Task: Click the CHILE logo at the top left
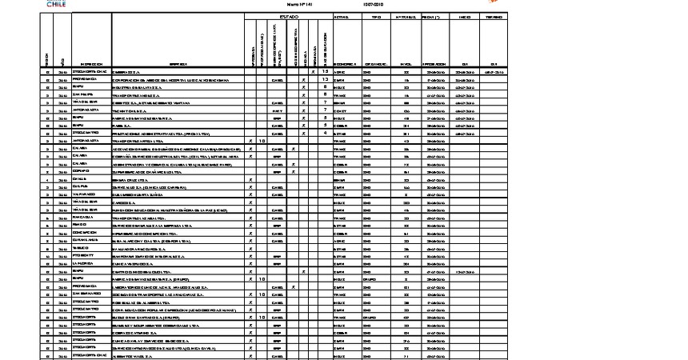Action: [x=52, y=4]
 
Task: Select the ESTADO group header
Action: [x=288, y=17]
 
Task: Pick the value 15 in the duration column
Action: [x=326, y=71]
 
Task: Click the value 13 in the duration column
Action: [x=326, y=79]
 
